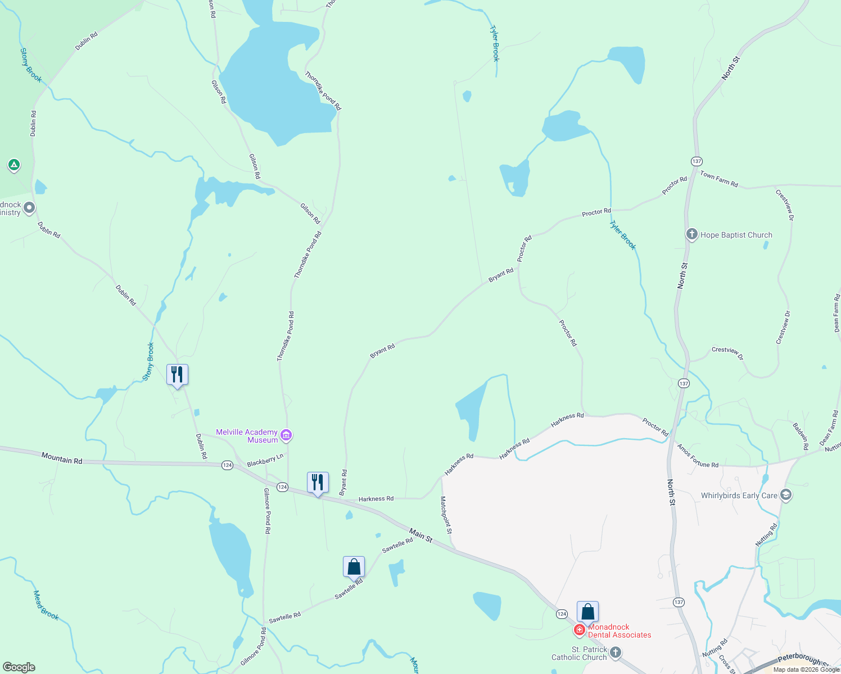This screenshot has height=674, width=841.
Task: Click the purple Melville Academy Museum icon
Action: click(x=287, y=435)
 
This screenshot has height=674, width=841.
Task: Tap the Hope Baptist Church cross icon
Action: click(x=692, y=235)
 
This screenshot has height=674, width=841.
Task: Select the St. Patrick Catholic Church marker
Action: click(x=616, y=652)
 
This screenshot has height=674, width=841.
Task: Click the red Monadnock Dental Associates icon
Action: click(x=580, y=630)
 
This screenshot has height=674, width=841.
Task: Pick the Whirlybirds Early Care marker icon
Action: click(x=786, y=495)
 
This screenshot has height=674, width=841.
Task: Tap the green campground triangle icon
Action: click(x=14, y=165)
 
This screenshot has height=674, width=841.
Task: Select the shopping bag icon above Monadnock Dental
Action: click(x=587, y=612)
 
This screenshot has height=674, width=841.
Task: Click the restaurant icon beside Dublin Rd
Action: click(x=177, y=374)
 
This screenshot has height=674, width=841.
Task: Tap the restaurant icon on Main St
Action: click(x=318, y=482)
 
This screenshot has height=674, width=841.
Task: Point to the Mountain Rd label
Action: click(x=62, y=459)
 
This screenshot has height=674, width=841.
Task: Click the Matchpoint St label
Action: click(x=445, y=515)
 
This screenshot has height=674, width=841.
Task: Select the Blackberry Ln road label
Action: click(x=265, y=461)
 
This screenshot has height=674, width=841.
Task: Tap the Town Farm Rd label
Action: click(x=718, y=179)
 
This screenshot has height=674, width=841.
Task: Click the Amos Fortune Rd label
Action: click(x=698, y=456)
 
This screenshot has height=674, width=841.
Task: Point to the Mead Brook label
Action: click(x=46, y=605)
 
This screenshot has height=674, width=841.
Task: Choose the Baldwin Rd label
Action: click(x=801, y=436)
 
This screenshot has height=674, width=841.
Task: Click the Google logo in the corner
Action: click(x=19, y=667)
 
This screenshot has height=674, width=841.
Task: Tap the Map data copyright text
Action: click(x=806, y=670)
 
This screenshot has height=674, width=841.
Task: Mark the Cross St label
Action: click(x=727, y=663)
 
